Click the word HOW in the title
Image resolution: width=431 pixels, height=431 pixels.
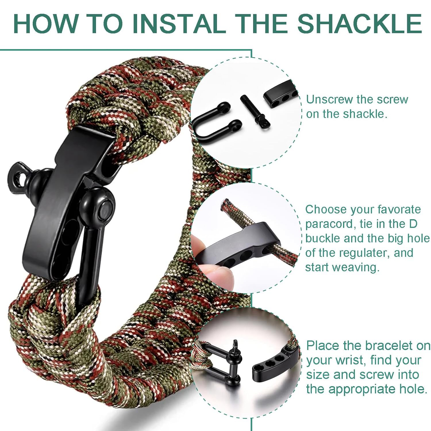pos(46,24)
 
